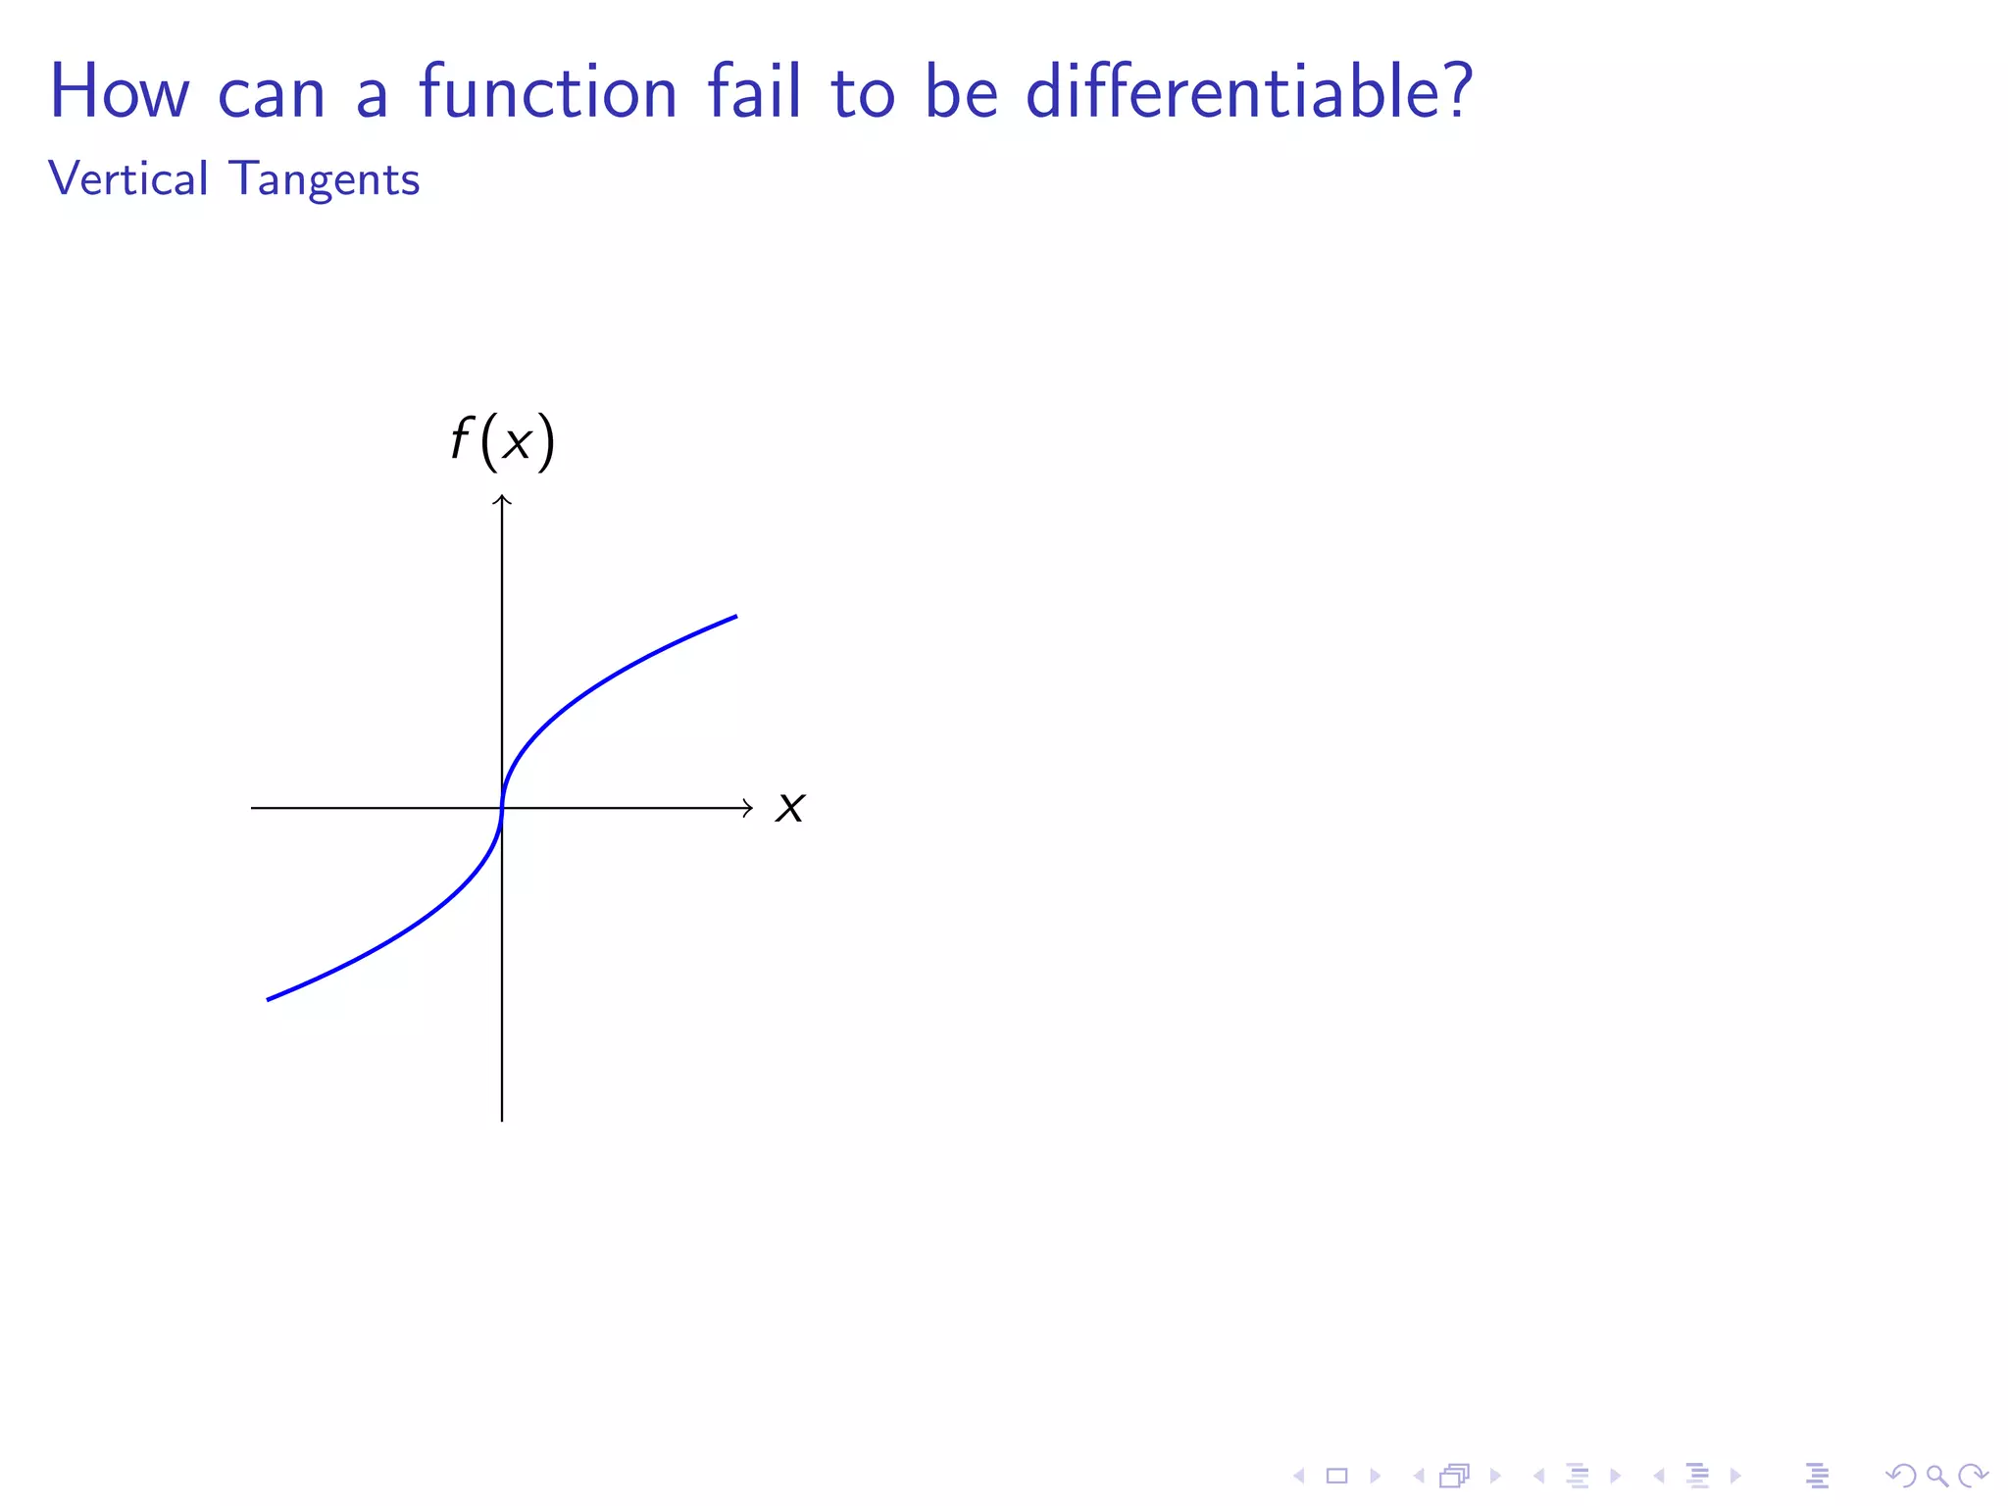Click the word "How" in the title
(119, 92)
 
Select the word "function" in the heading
(548, 92)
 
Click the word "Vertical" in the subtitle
(127, 179)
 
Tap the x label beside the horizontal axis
(790, 808)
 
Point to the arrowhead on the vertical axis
(502, 499)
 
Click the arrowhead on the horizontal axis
(749, 808)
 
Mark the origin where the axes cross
(502, 808)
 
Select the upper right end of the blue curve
(735, 617)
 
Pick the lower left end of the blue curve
(269, 999)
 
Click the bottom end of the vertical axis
(502, 1120)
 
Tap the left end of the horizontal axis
(253, 808)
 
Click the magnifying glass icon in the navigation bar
(1936, 1476)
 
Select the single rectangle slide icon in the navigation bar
(1337, 1476)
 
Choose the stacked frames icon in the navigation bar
(1455, 1476)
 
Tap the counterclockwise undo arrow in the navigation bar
(1901, 1476)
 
